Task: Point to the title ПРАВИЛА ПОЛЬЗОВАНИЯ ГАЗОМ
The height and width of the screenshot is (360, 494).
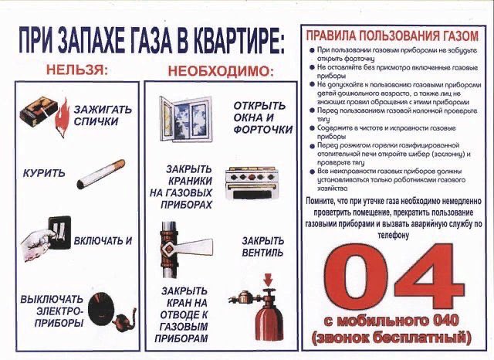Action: click(392, 36)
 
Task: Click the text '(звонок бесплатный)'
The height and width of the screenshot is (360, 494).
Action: click(391, 338)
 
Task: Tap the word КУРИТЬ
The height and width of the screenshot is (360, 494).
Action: click(43, 172)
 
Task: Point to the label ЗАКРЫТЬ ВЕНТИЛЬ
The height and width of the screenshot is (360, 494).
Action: click(262, 246)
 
